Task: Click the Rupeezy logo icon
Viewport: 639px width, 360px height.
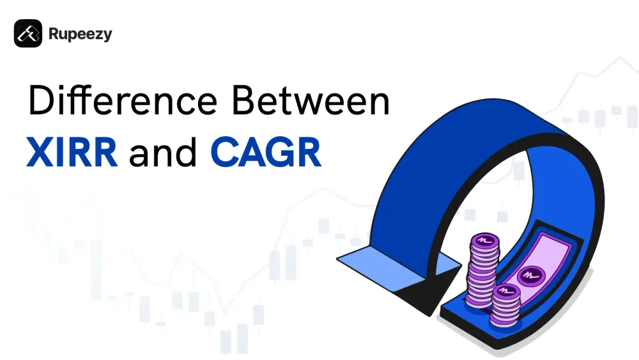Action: tap(28, 33)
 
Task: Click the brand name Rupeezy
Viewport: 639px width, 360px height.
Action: tap(80, 34)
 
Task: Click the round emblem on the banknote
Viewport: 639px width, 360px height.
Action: tap(529, 276)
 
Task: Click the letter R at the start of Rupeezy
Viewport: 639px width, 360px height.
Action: tap(54, 34)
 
